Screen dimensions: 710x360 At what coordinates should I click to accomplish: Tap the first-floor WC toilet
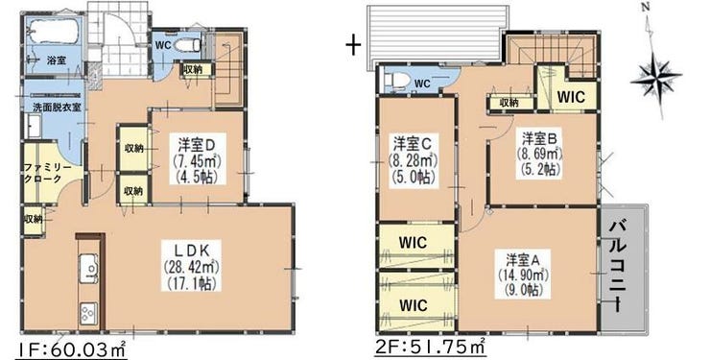(186, 45)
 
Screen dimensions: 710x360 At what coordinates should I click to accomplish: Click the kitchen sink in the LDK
(88, 269)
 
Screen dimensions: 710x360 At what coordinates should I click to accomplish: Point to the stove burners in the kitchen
(88, 313)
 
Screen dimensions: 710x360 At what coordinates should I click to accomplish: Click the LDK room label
(191, 266)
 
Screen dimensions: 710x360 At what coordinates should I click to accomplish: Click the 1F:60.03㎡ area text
(72, 349)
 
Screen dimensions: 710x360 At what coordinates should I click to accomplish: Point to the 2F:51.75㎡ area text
(430, 348)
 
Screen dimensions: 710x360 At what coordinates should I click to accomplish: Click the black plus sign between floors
(353, 45)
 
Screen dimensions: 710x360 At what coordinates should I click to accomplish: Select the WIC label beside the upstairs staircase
(571, 97)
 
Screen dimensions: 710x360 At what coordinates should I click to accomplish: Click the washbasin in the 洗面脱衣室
(34, 125)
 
